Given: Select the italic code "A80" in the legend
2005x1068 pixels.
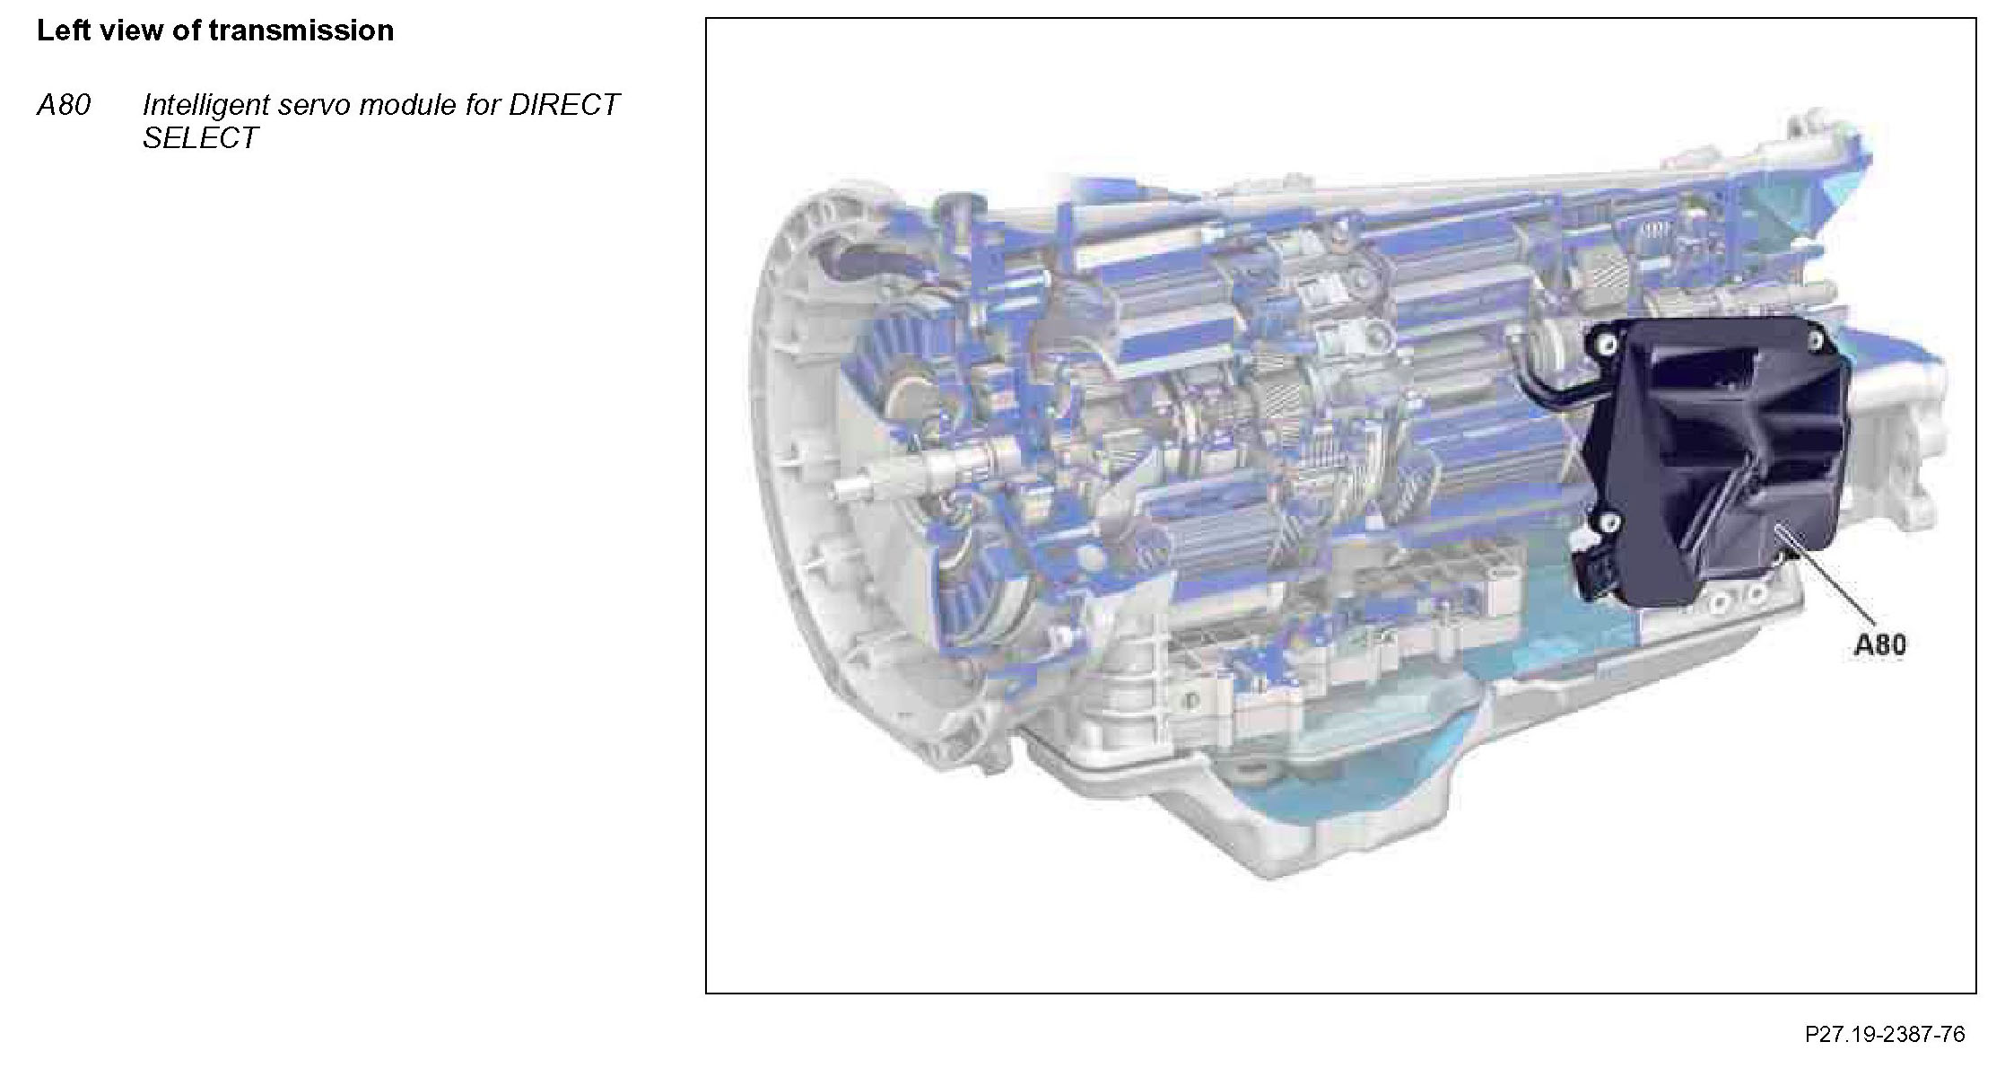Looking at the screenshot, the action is (64, 105).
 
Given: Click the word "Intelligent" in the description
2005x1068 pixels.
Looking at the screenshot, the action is (205, 105).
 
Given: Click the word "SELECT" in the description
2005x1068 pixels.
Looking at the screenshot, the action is (200, 138).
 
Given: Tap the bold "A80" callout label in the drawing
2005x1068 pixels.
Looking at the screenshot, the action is (1880, 644).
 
